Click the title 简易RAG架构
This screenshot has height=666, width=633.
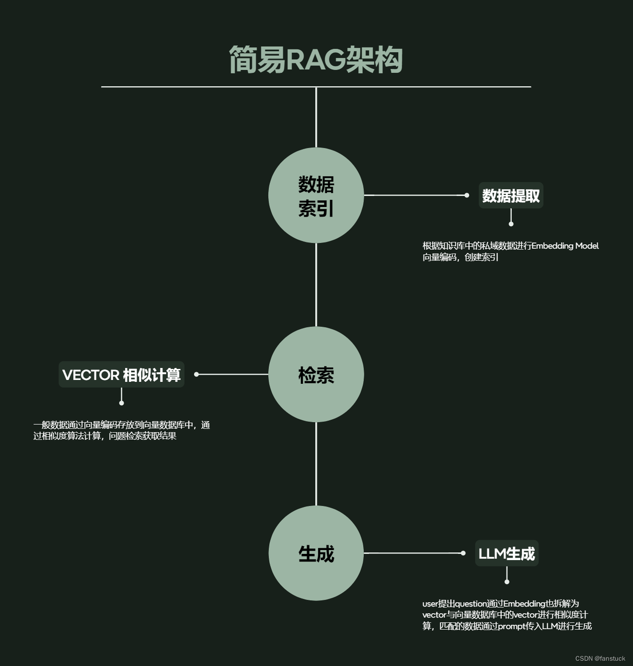click(315, 60)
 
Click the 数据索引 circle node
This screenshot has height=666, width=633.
click(316, 195)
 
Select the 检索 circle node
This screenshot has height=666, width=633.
click(316, 374)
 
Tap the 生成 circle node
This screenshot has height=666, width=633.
click(316, 553)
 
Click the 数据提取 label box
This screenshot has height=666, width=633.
click(511, 195)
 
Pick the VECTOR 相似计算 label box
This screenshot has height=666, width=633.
click(121, 375)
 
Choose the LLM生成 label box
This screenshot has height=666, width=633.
click(506, 553)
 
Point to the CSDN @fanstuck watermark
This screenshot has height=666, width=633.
click(600, 658)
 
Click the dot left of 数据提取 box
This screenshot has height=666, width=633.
click(467, 195)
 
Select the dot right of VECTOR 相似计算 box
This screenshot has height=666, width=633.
click(196, 374)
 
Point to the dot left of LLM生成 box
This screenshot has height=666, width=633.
click(463, 553)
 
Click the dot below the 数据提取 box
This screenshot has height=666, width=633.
click(511, 224)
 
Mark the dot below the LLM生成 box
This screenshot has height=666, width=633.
click(507, 582)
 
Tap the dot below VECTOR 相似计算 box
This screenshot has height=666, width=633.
click(122, 403)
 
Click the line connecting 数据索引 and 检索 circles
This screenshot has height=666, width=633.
click(316, 285)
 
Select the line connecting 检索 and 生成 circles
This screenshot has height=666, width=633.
click(316, 464)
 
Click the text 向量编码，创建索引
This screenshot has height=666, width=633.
click(460, 257)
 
